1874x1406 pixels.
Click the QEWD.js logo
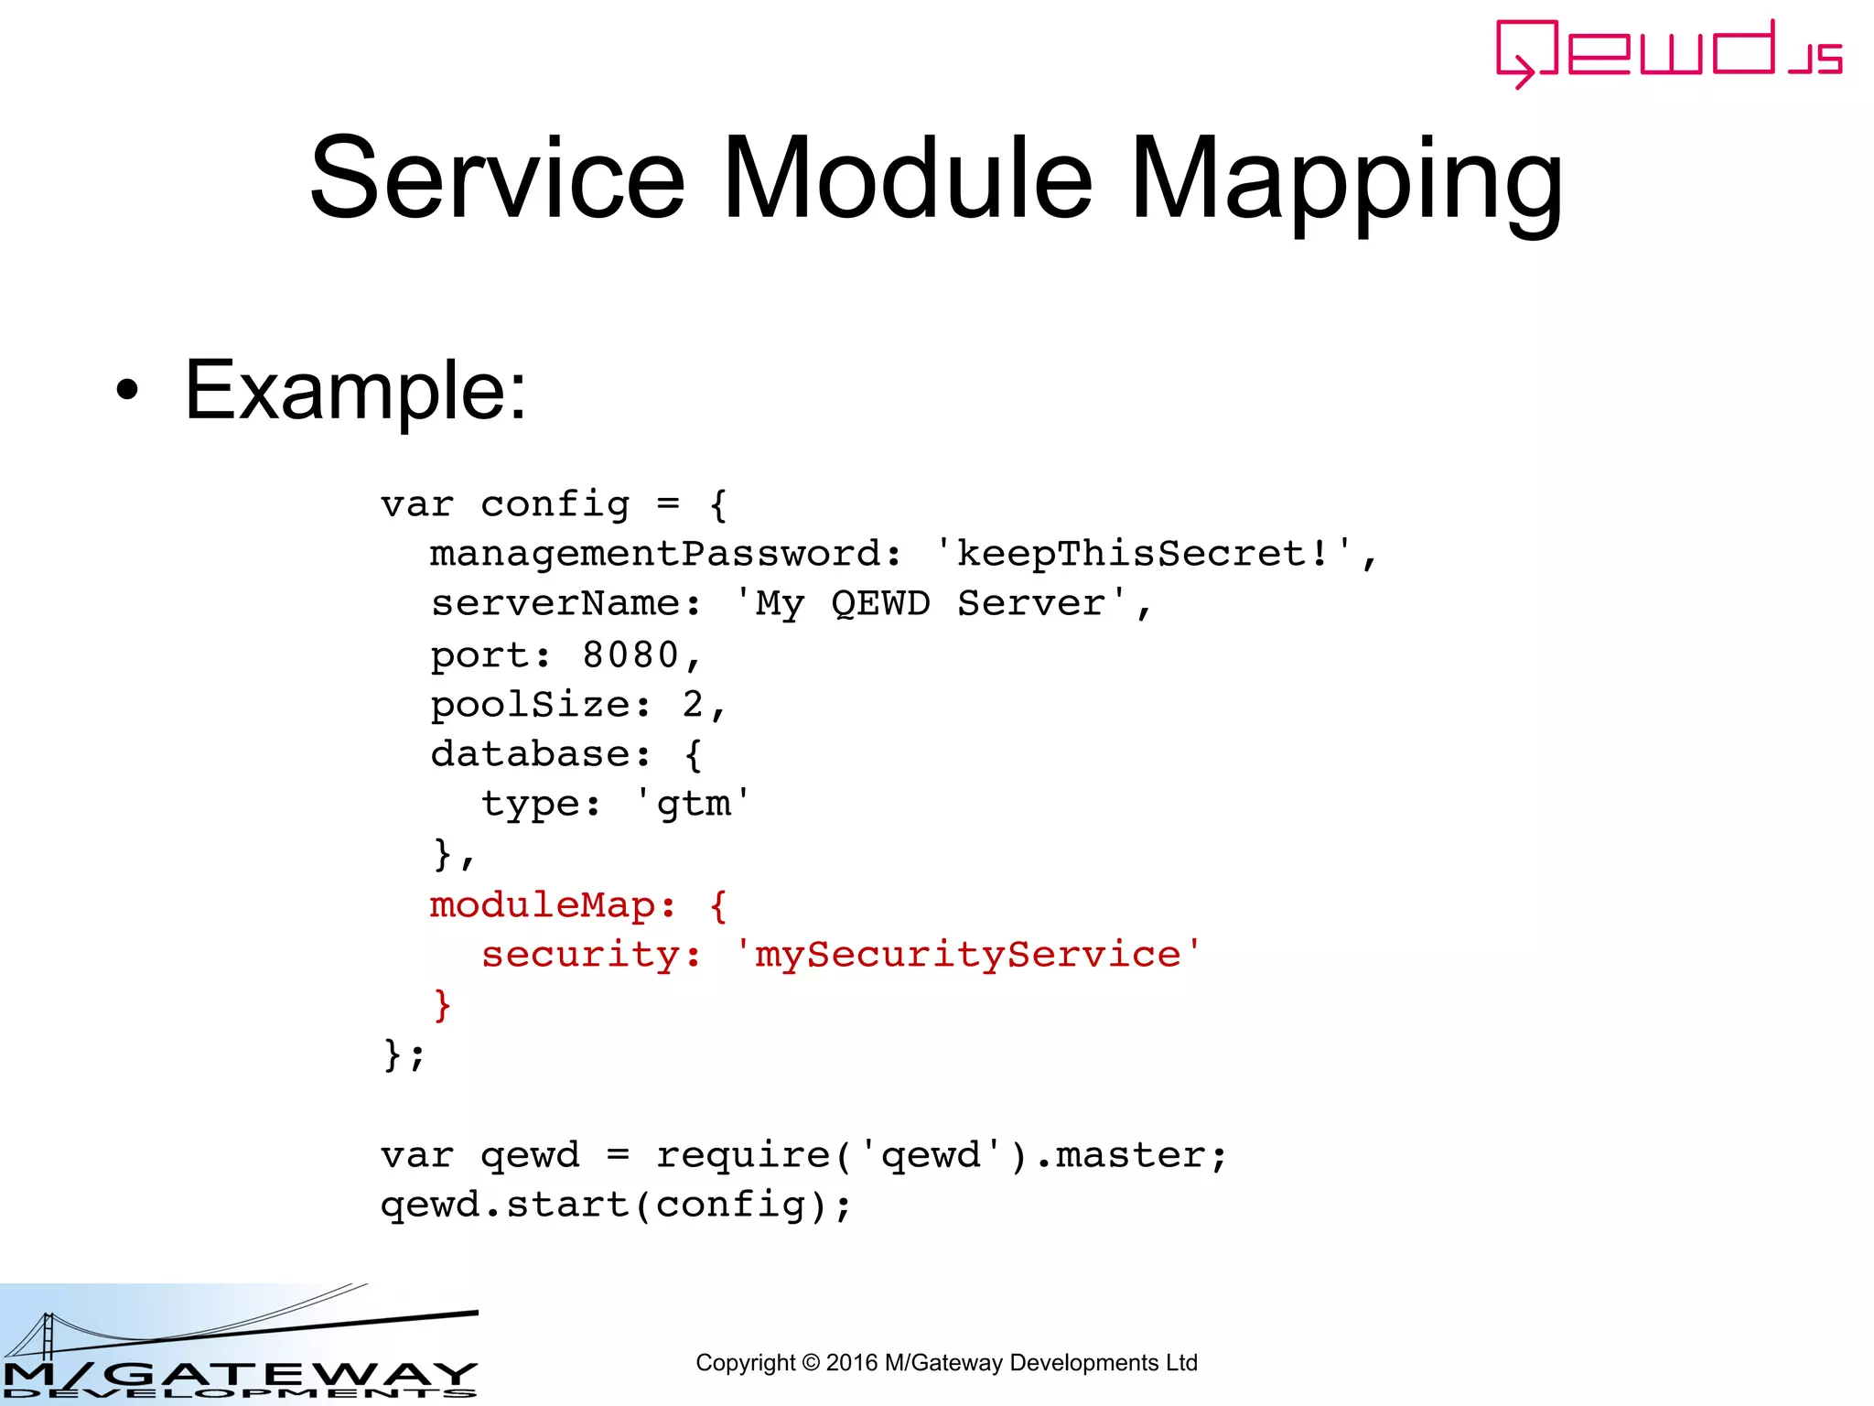point(1667,53)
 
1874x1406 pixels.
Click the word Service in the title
point(497,178)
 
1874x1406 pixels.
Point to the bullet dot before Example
point(127,391)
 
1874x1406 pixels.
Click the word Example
point(355,391)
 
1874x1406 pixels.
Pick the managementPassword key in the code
point(655,554)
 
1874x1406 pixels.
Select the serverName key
point(555,604)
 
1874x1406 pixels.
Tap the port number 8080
point(630,654)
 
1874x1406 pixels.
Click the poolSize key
point(530,705)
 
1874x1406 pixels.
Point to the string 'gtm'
point(693,805)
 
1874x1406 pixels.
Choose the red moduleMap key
point(543,905)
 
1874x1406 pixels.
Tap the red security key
point(580,955)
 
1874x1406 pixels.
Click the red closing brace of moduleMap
point(442,1005)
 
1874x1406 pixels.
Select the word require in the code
point(742,1155)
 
